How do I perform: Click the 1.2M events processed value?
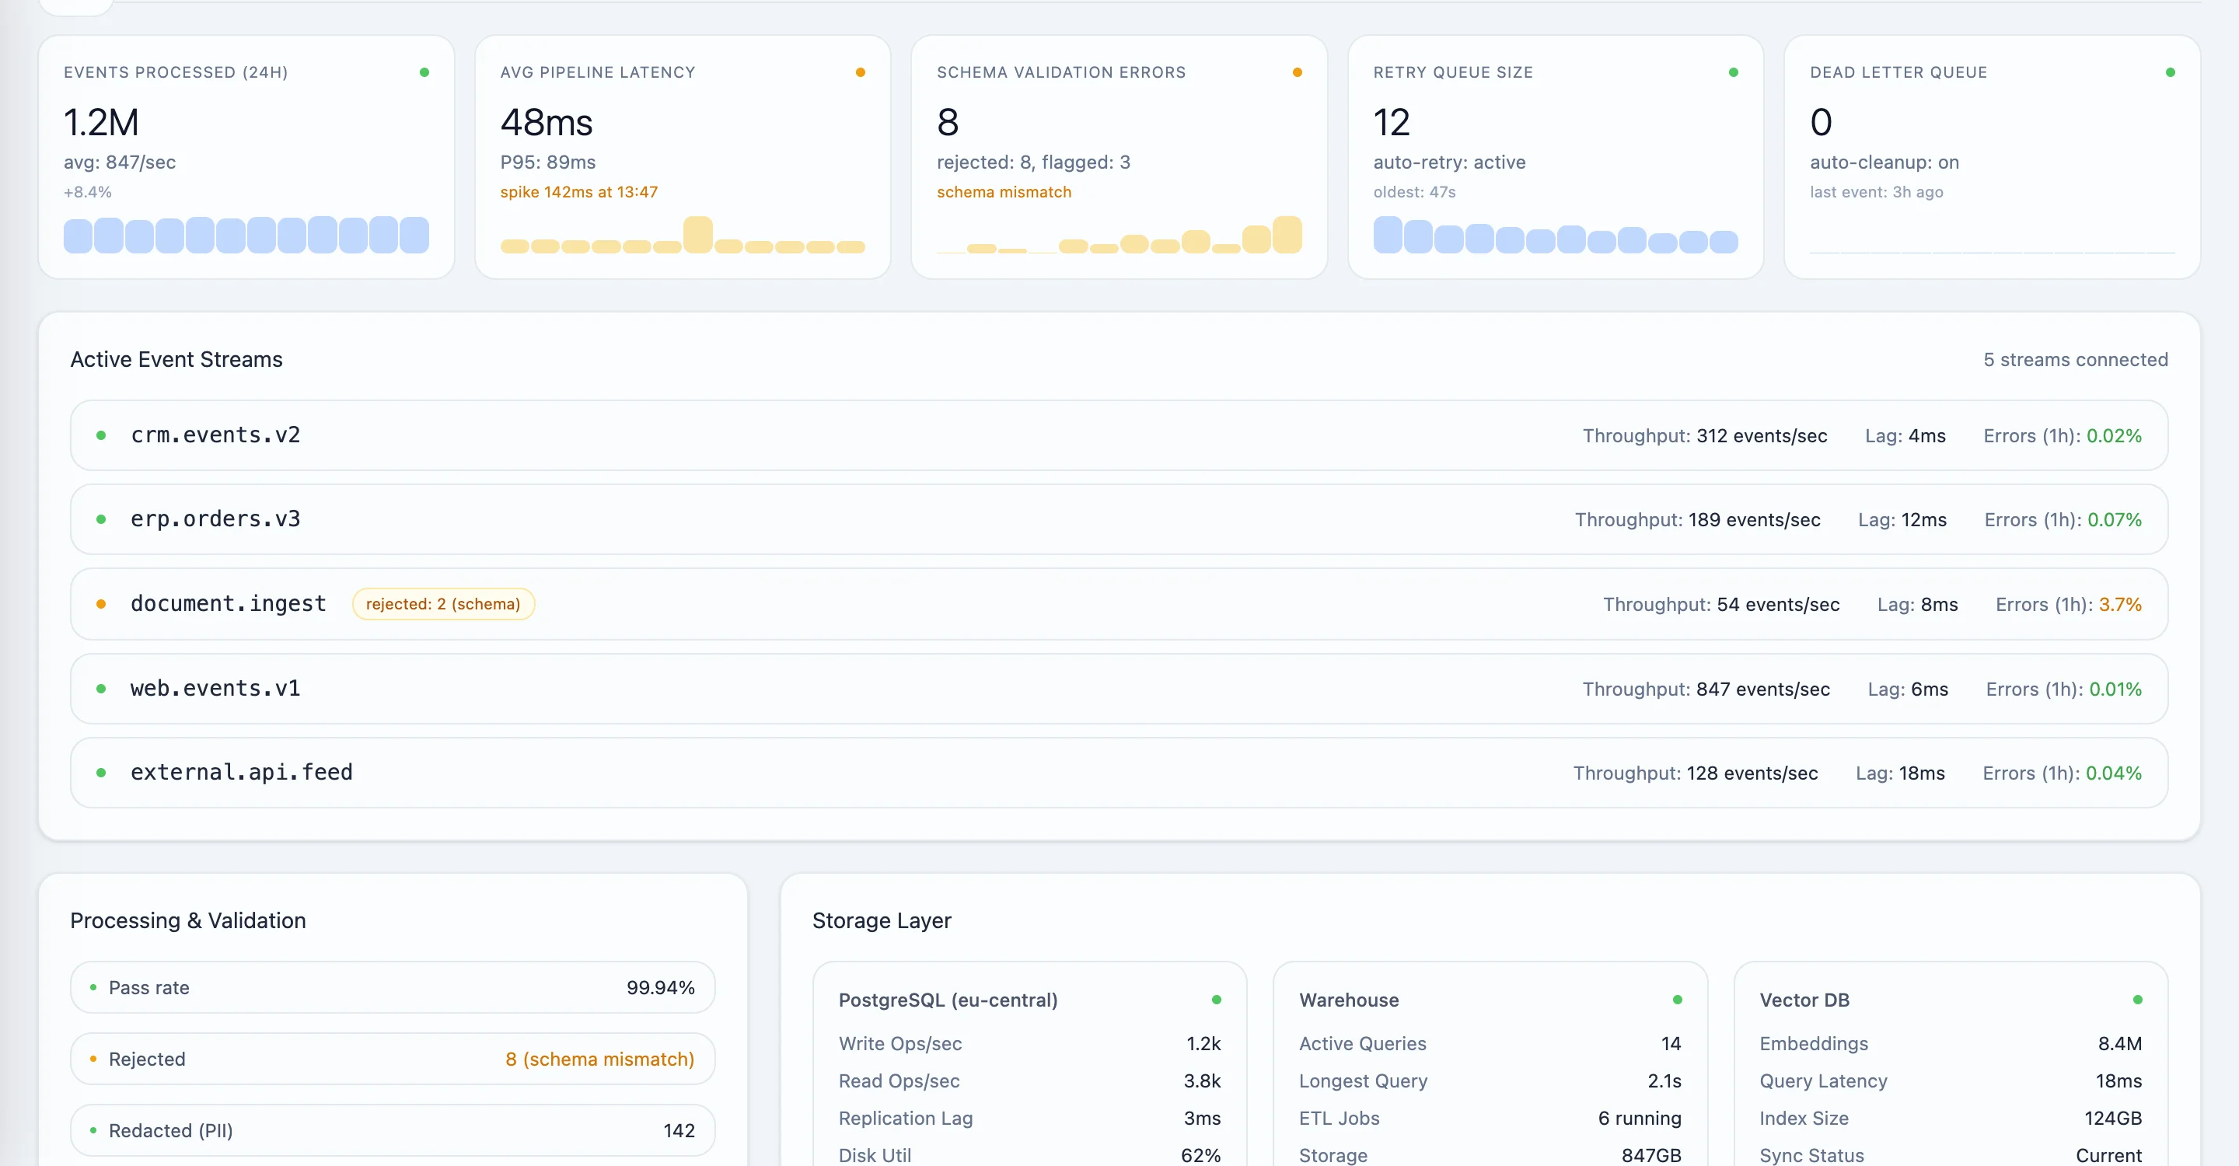click(101, 123)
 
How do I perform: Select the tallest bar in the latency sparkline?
click(697, 235)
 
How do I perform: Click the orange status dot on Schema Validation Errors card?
click(1297, 73)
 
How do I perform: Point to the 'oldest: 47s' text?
click(1413, 192)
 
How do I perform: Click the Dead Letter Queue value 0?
click(1820, 123)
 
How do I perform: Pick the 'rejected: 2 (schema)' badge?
click(442, 604)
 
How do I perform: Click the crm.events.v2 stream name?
click(215, 435)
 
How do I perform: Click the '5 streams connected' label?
click(2075, 360)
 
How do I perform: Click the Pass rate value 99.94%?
click(660, 988)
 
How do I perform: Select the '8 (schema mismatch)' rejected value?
click(599, 1060)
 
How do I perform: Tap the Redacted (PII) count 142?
click(678, 1130)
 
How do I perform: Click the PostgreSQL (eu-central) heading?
click(948, 1000)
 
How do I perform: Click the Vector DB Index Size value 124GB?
click(2112, 1119)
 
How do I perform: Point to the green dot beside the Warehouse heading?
click(1677, 1000)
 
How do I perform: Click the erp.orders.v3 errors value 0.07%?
click(2114, 519)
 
